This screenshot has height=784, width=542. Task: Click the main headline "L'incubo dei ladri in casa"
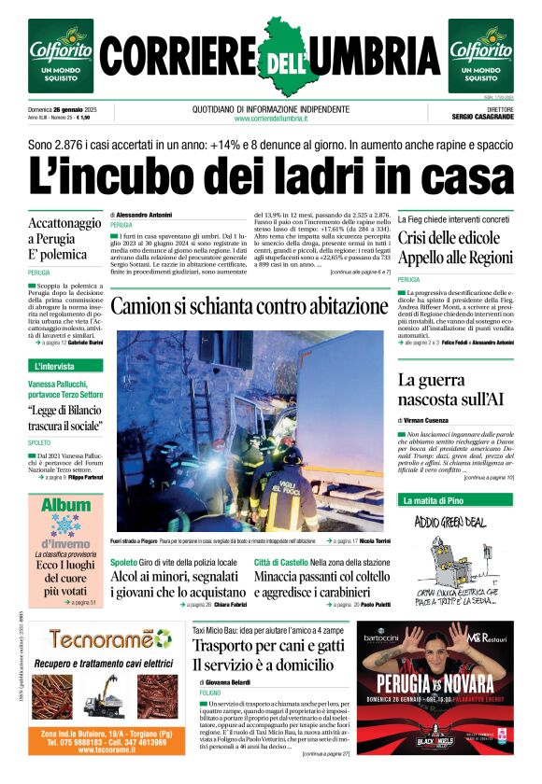(270, 176)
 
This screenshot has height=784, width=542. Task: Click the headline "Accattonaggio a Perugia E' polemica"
(64, 239)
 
